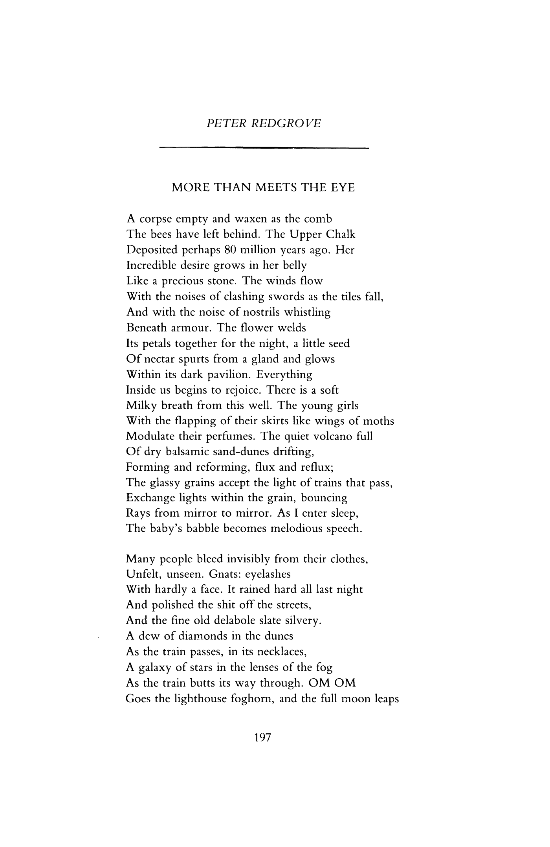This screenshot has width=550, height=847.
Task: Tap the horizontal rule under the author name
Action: point(264,148)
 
